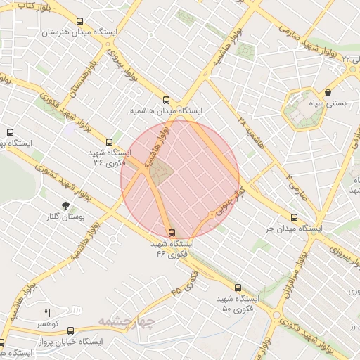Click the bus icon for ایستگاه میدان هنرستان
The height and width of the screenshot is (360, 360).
(x=79, y=22)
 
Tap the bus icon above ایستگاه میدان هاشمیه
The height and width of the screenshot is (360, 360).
(x=166, y=101)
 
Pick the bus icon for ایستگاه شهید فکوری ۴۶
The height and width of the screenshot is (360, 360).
(x=172, y=233)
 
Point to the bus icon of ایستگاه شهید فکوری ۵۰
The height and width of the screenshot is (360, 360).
(x=238, y=288)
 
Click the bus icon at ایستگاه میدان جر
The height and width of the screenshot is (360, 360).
(x=294, y=217)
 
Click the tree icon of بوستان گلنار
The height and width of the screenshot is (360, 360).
(x=65, y=205)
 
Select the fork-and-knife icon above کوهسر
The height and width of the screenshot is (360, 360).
(x=48, y=313)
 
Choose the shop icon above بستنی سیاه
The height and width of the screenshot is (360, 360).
(x=328, y=91)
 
